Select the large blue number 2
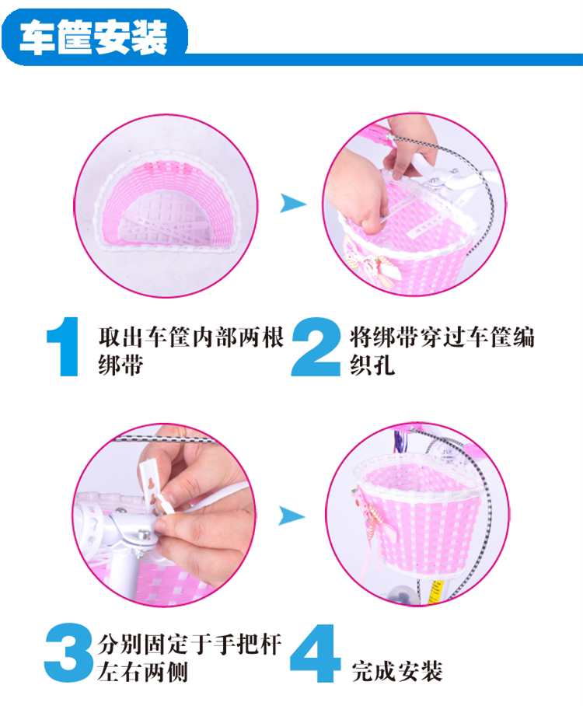pyautogui.click(x=314, y=347)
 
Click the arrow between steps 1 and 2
pyautogui.click(x=292, y=204)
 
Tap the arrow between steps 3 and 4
pyautogui.click(x=292, y=515)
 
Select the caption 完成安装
pyautogui.click(x=396, y=669)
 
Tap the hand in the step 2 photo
pyautogui.click(x=358, y=194)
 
